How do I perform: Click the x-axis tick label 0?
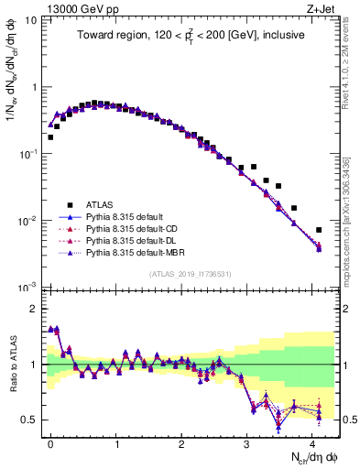click(50, 442)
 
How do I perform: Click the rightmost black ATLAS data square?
click(319, 230)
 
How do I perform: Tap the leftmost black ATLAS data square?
click(50, 137)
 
